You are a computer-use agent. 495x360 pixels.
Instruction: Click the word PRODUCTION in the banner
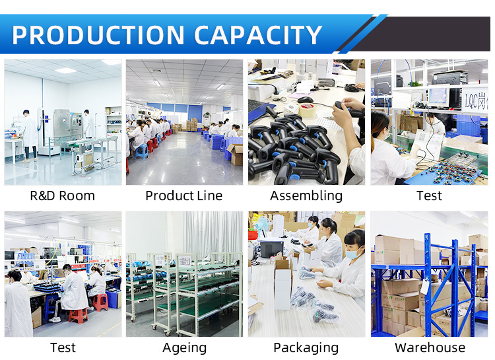98,35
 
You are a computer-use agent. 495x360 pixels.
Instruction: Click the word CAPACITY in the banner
258,35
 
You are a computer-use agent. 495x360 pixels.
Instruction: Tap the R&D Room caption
62,196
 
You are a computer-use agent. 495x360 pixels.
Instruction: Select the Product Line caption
184,196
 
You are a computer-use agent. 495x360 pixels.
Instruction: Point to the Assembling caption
306,196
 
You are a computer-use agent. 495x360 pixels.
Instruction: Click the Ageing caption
184,348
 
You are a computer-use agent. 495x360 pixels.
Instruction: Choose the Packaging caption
306,348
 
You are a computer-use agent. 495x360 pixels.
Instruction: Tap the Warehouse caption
430,347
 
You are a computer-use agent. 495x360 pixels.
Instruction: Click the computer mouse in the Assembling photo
306,100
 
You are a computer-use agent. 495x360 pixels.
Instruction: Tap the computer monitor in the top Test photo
438,96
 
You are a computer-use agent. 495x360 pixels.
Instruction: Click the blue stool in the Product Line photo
142,151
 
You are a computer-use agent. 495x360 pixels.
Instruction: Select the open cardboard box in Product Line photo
235,155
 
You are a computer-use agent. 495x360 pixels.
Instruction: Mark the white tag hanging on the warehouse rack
424,287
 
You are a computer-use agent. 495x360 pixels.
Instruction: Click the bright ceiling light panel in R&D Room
65,70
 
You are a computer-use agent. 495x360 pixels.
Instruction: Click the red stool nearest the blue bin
101,302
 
